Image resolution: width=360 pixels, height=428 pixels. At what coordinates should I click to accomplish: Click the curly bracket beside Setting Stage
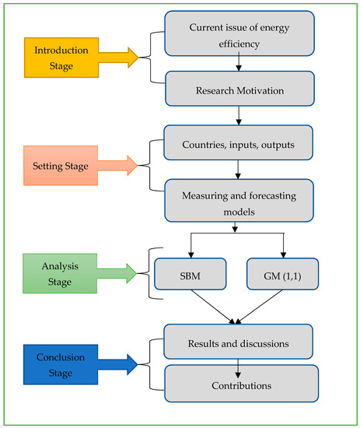(150, 165)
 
